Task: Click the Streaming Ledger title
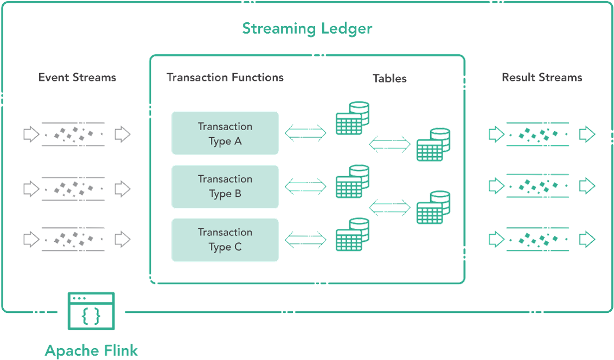[307, 29]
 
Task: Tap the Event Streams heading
[77, 78]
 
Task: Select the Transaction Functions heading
[225, 78]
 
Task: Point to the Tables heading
[389, 78]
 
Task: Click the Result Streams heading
[542, 78]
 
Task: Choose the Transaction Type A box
[225, 133]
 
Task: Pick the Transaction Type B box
[225, 187]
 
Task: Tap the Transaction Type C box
[225, 240]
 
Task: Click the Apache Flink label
[91, 350]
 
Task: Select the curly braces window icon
[91, 311]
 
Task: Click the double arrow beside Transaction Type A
[305, 132]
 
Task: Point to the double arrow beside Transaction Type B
[305, 187]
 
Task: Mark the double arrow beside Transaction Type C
[305, 240]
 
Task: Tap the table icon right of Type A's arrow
[353, 118]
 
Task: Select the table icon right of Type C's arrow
[353, 234]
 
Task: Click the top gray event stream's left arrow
[31, 134]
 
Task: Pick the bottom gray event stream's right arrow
[123, 240]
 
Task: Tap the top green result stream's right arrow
[587, 134]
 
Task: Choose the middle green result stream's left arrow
[496, 186]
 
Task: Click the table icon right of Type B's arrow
[353, 181]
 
